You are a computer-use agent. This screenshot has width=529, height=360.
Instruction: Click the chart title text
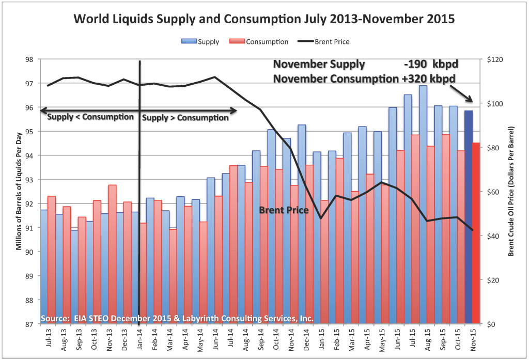[264, 20]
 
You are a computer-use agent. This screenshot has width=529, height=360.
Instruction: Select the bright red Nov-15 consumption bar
[476, 232]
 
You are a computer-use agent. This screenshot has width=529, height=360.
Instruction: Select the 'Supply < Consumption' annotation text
[90, 117]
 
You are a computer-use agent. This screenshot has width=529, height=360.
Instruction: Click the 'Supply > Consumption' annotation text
[185, 118]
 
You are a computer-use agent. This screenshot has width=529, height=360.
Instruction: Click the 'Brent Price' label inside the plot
[284, 210]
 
